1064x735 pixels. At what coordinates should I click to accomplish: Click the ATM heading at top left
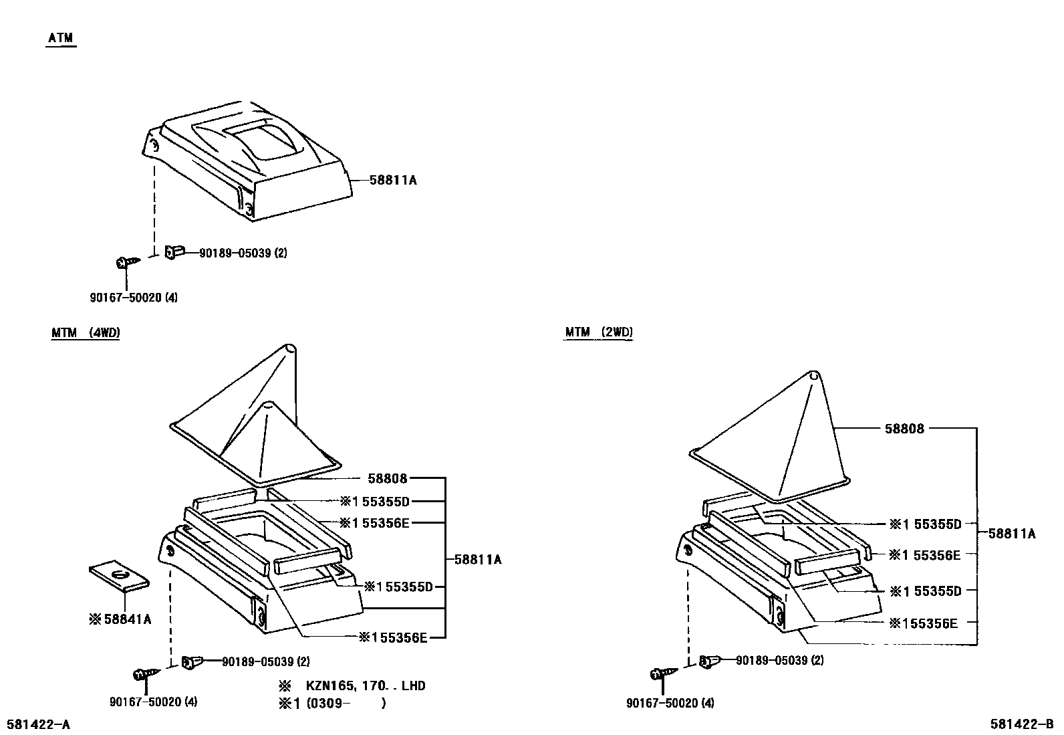coord(61,39)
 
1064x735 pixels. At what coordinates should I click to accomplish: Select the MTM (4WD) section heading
coord(85,332)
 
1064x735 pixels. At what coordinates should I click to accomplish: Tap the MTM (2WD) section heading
coord(598,332)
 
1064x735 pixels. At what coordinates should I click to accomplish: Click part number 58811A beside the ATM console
coord(393,180)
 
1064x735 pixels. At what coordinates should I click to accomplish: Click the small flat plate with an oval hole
coord(118,576)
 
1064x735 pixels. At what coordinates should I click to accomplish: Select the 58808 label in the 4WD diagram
coord(388,478)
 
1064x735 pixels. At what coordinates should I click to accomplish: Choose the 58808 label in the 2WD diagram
coord(904,429)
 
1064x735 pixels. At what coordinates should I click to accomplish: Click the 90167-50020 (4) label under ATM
coord(134,298)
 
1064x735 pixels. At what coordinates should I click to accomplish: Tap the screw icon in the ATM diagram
coord(125,262)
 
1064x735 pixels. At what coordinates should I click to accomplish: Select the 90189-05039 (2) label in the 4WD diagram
coord(265,661)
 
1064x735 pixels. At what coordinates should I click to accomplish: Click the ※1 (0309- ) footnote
coord(332,703)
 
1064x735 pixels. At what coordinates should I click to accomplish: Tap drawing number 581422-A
coord(38,724)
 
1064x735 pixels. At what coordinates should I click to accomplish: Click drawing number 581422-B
coord(1022,724)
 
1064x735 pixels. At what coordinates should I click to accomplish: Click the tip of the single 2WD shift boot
coord(813,376)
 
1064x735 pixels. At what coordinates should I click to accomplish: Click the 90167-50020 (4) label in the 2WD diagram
coord(670,703)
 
